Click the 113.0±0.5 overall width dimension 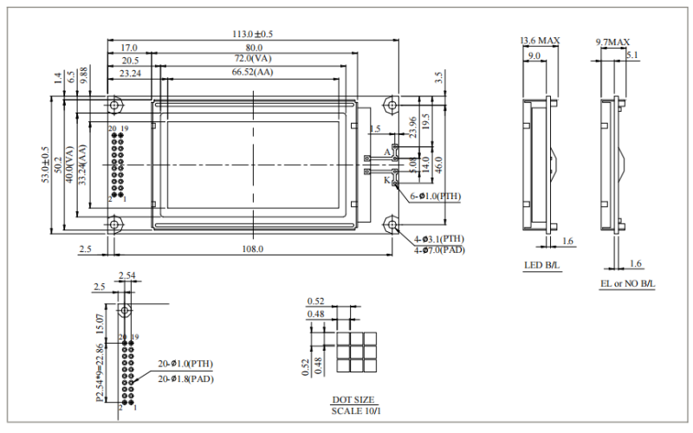[x=253, y=34]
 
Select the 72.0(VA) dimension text [x=253, y=59]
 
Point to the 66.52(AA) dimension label [x=253, y=73]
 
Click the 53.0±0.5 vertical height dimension [x=46, y=164]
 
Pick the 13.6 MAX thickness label [x=539, y=41]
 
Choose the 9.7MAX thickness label [x=612, y=42]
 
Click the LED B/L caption [x=541, y=266]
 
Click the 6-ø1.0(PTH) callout [x=437, y=197]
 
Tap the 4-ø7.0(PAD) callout [x=439, y=249]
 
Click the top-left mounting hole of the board [x=113, y=105]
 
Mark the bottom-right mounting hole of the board [x=391, y=225]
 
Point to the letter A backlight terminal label [x=386, y=152]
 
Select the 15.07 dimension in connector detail [x=99, y=323]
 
